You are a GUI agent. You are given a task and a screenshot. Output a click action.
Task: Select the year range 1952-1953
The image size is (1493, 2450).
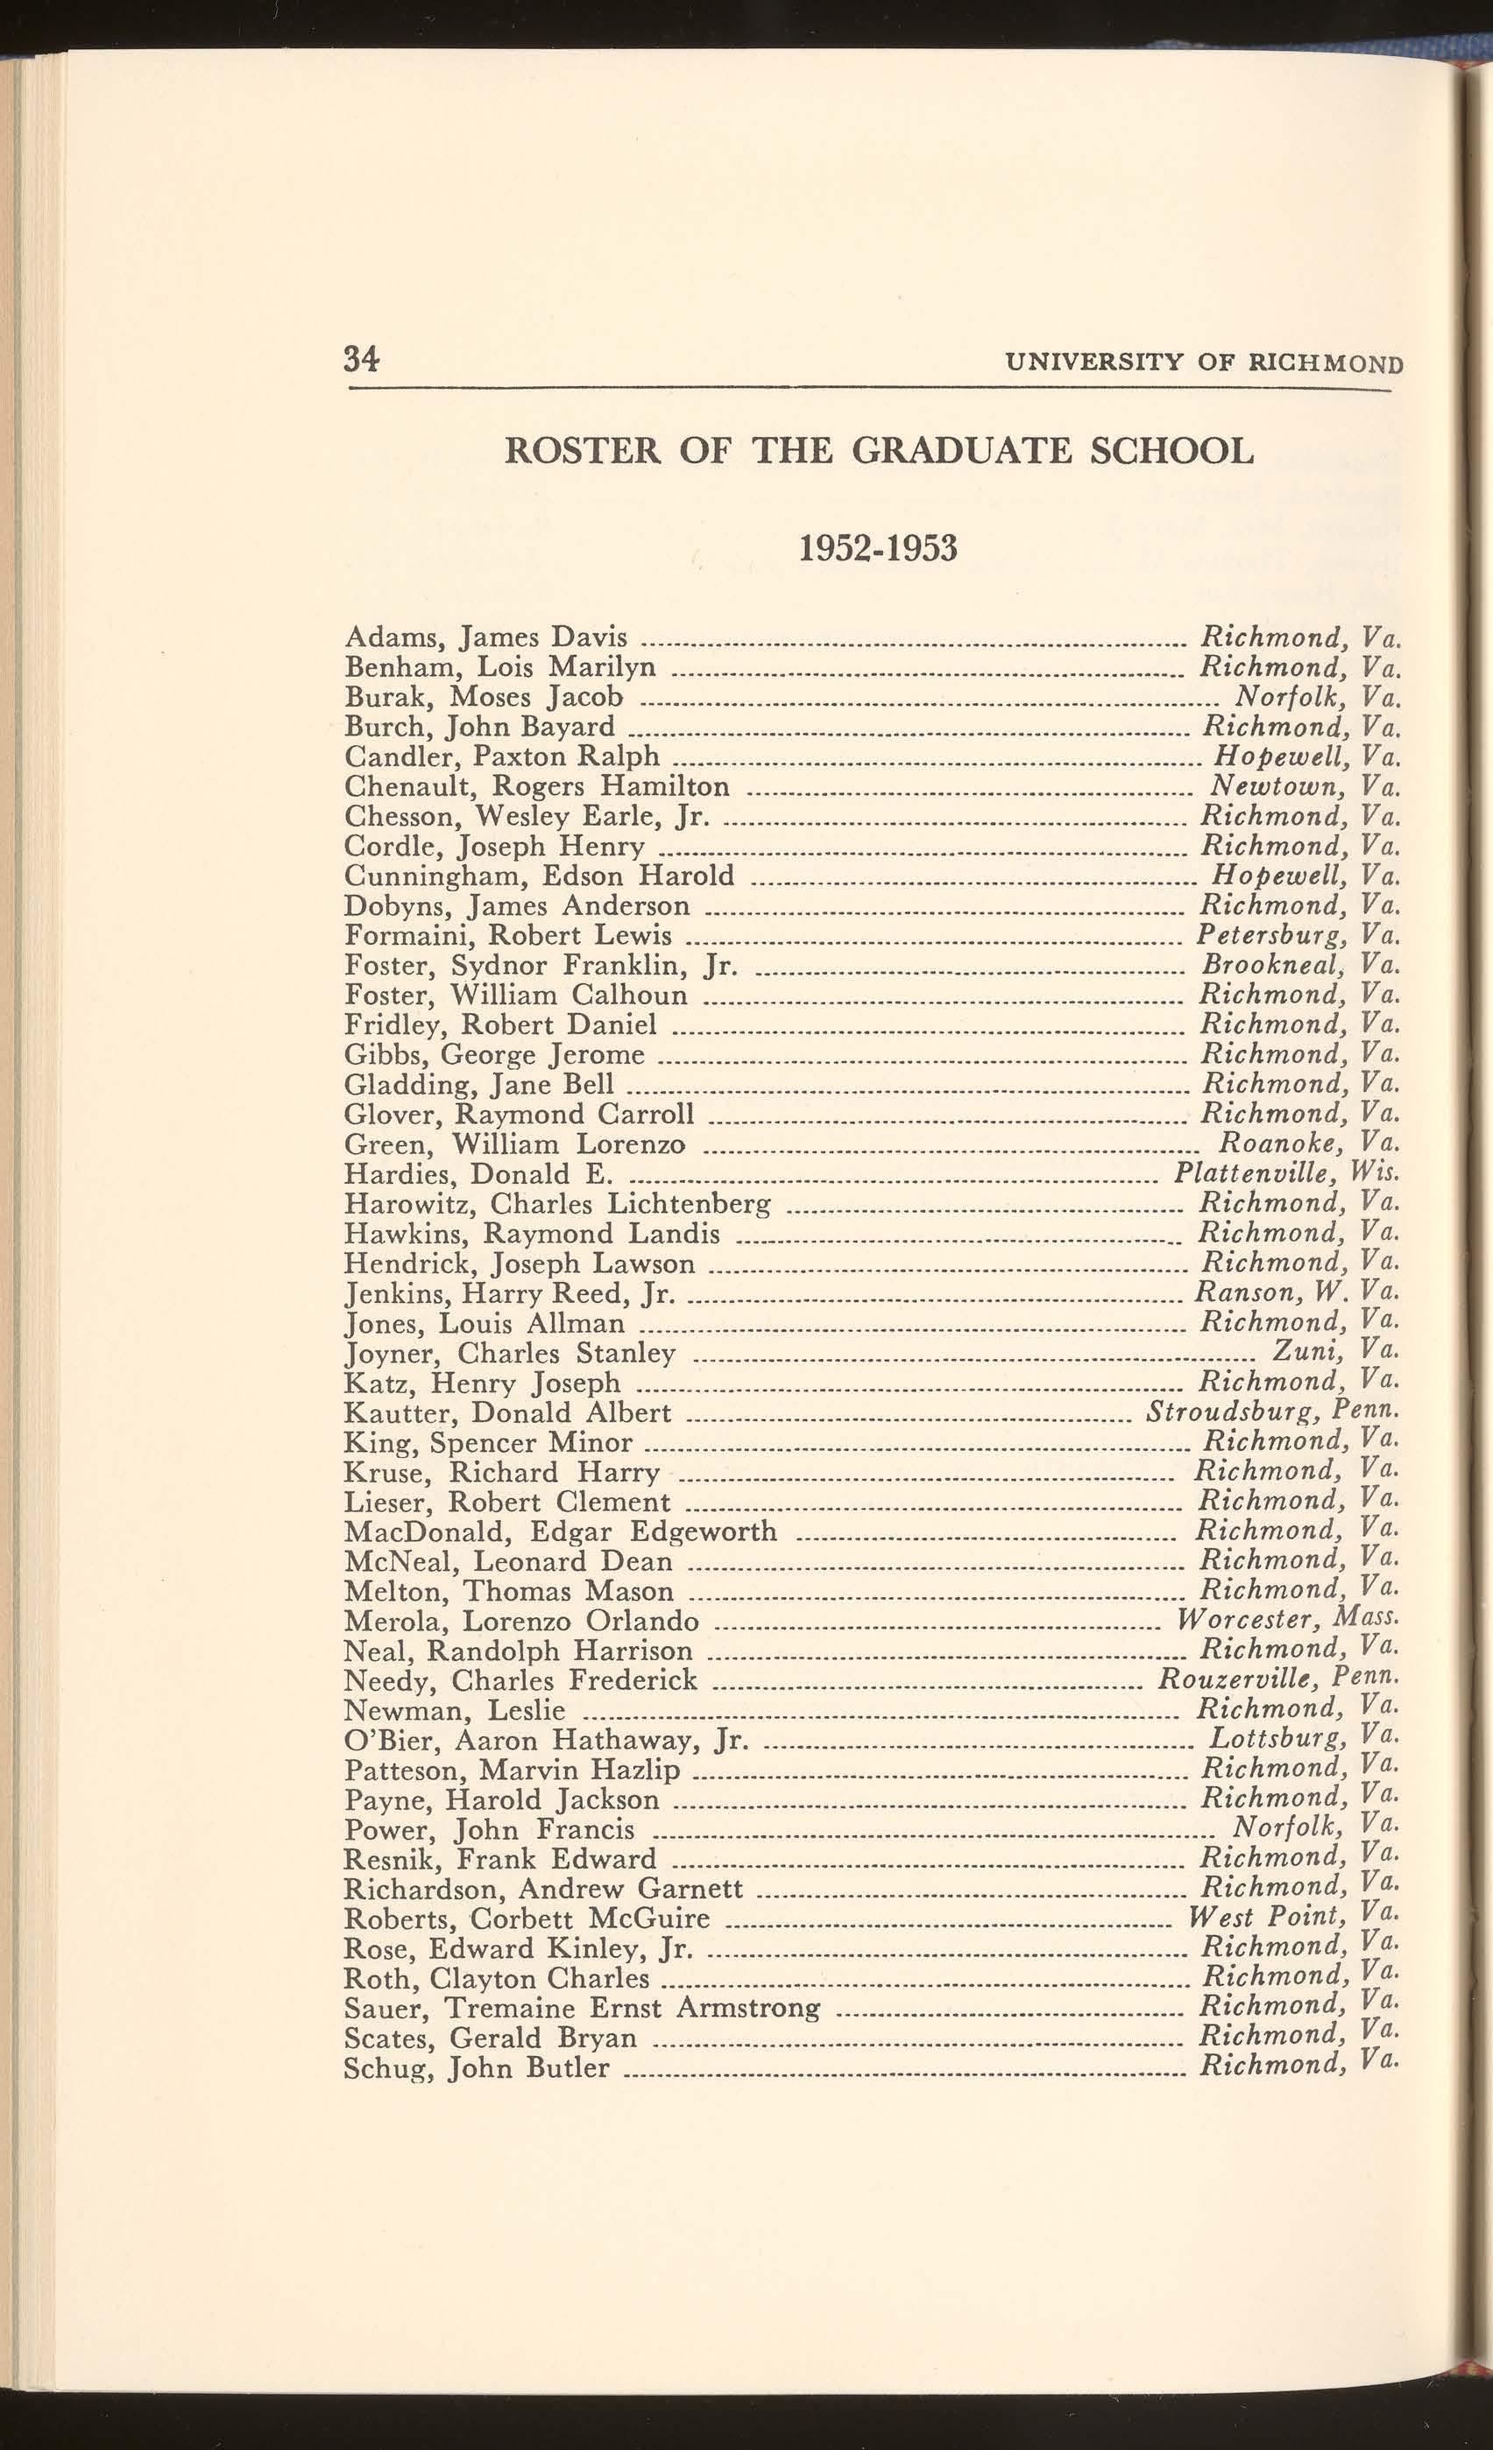(877, 548)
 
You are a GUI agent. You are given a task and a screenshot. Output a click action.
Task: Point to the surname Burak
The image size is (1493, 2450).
(382, 697)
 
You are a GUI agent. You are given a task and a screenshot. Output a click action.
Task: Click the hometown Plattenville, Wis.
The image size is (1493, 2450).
(1287, 1173)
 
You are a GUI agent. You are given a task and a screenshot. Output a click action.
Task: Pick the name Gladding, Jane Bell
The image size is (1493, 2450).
(478, 1084)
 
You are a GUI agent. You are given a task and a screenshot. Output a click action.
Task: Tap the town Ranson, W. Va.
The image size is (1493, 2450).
(1296, 1292)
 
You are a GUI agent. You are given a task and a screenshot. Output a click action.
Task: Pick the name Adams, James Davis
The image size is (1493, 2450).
(485, 637)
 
